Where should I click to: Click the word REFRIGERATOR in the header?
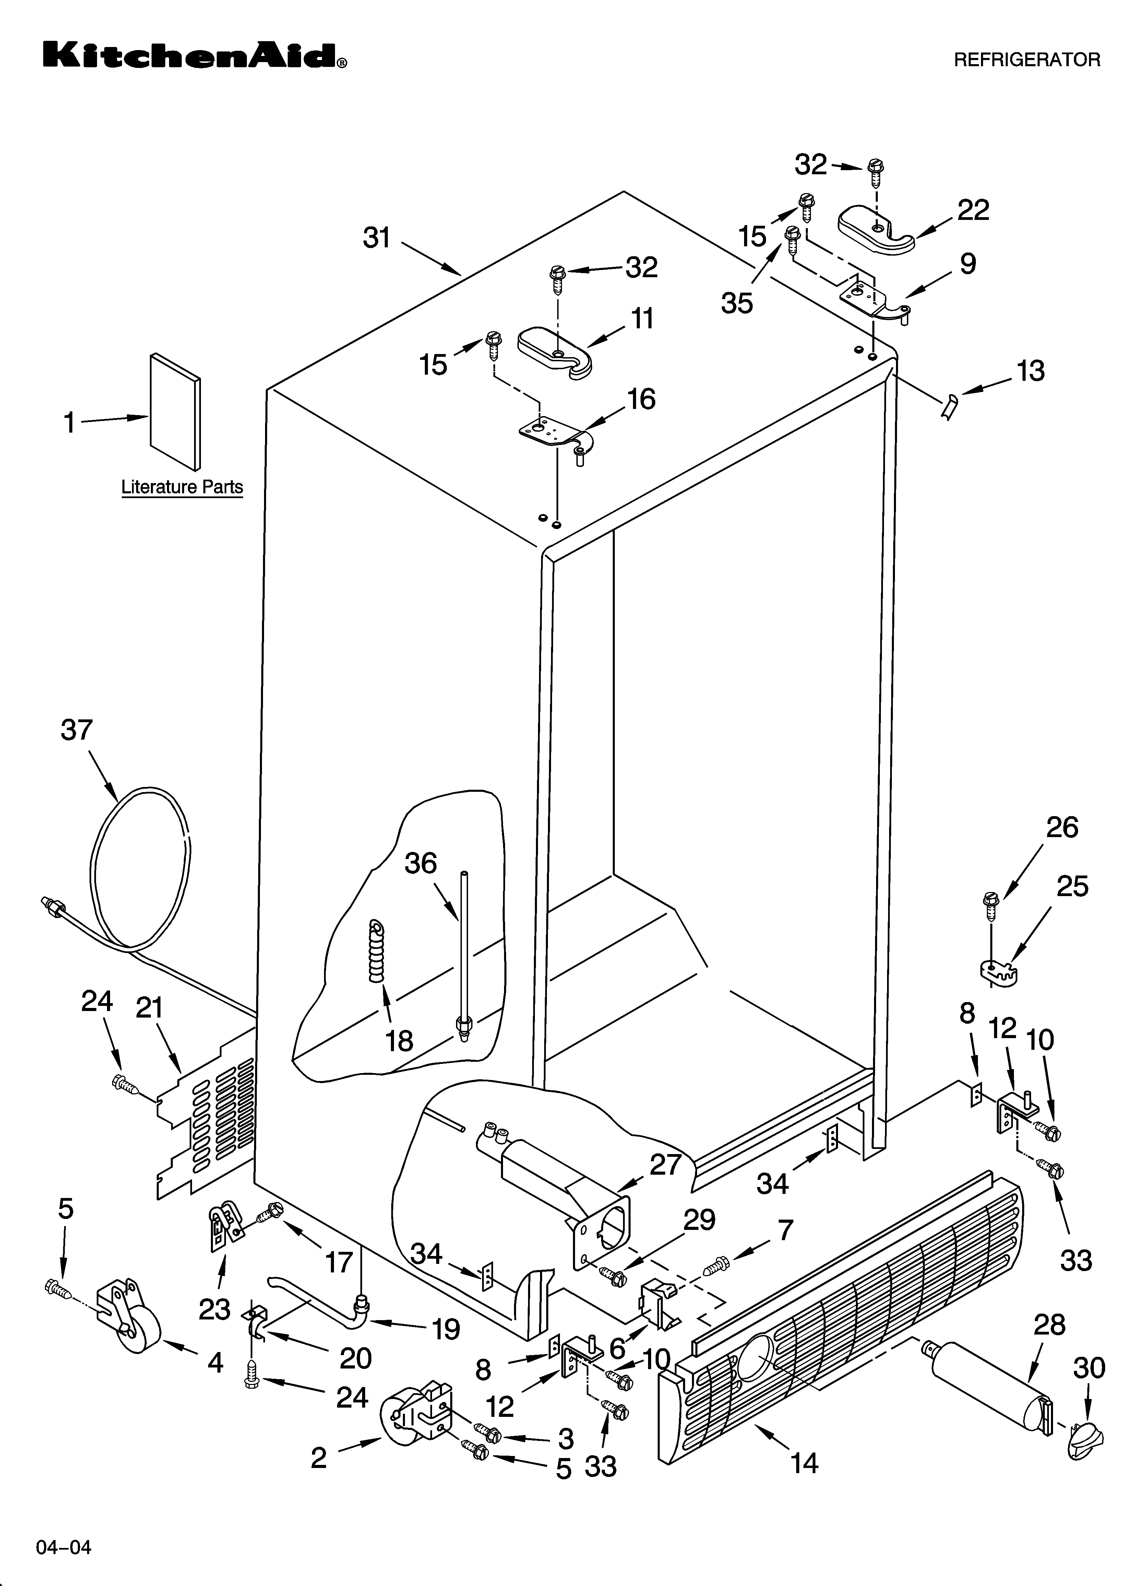(x=1026, y=60)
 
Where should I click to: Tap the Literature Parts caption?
(x=182, y=487)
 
